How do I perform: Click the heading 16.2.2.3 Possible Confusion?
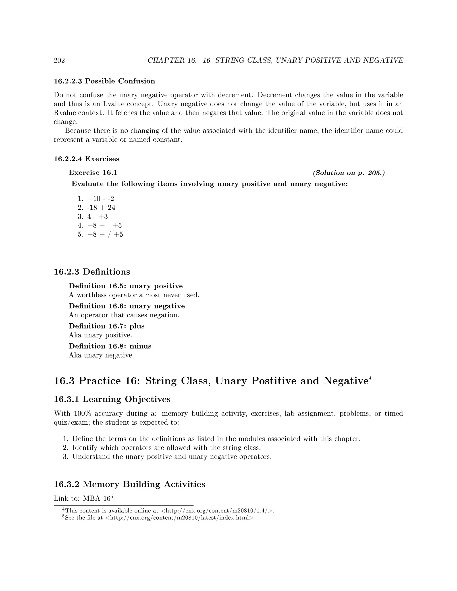tap(104, 81)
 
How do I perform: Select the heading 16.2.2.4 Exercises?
tap(86, 159)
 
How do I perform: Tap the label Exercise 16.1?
tap(93, 173)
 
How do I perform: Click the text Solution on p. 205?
tap(349, 173)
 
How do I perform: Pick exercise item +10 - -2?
tap(100, 199)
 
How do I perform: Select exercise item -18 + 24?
tap(101, 208)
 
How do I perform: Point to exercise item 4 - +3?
tap(98, 217)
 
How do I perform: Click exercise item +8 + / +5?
tap(105, 234)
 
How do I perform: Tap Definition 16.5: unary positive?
tap(126, 286)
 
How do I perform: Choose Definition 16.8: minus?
tap(110, 346)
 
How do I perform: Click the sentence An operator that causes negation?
tap(124, 315)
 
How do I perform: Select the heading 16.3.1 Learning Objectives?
tap(112, 399)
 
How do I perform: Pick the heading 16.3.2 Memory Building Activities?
tap(129, 484)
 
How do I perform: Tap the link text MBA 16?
tap(96, 498)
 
